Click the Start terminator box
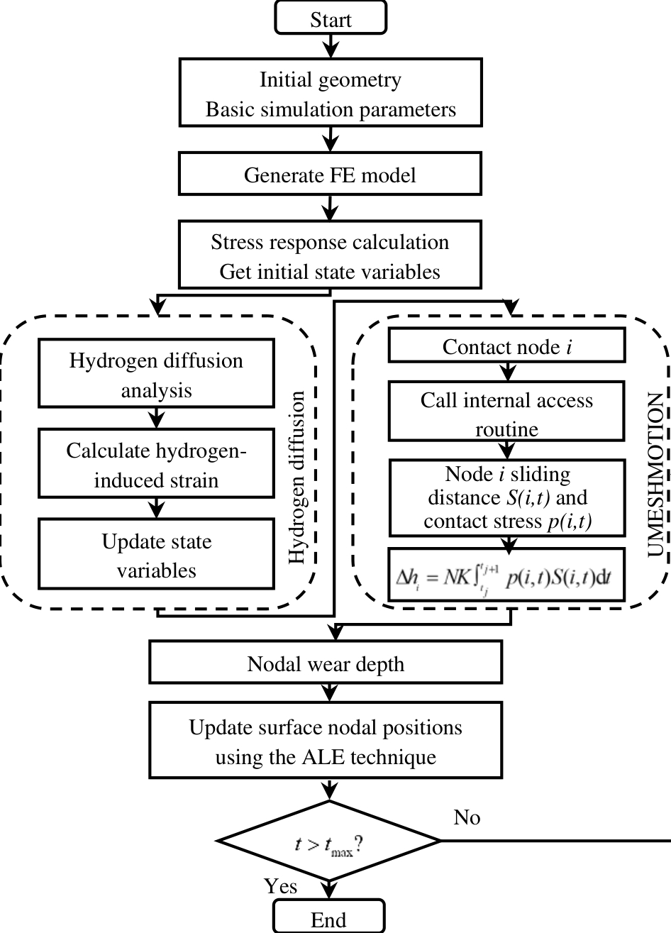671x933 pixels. (x=331, y=18)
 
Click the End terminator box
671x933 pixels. (x=329, y=918)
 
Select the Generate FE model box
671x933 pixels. (x=330, y=175)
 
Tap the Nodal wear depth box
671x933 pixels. (x=326, y=663)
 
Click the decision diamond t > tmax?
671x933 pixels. (x=330, y=842)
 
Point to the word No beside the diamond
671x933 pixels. (x=467, y=817)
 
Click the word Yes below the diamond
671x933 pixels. (x=281, y=885)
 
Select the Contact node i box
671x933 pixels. (x=506, y=347)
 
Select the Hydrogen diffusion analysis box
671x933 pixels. (x=156, y=375)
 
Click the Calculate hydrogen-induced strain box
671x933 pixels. (x=156, y=465)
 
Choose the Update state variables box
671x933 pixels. (x=156, y=556)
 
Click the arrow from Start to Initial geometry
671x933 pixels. (x=331, y=45)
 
